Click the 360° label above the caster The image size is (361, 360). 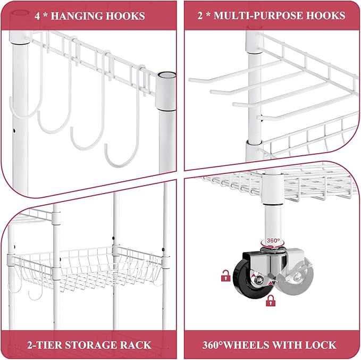[273, 240]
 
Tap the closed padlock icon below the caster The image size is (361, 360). [271, 301]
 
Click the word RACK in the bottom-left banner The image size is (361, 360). [138, 345]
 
